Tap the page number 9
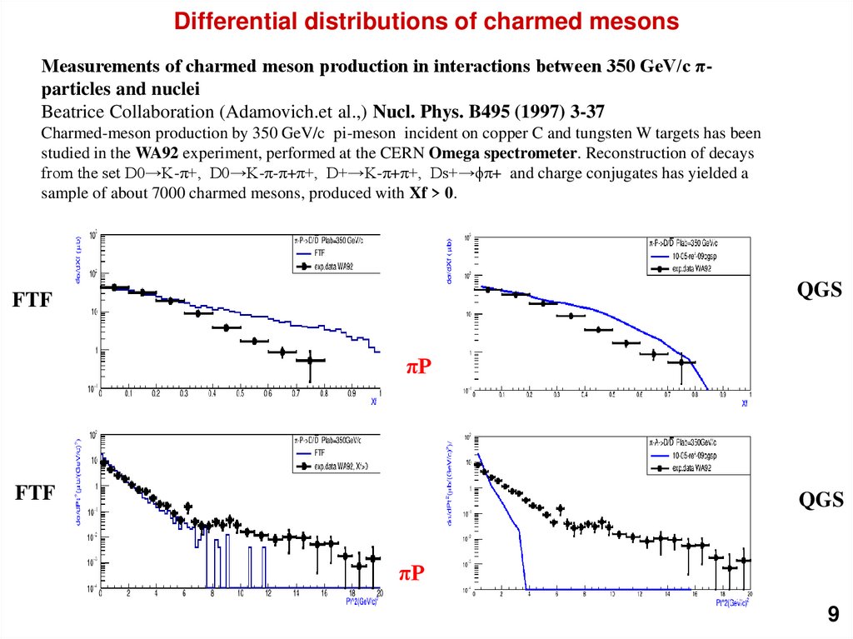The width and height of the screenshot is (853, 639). click(832, 616)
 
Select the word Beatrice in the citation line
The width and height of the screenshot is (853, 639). click(72, 111)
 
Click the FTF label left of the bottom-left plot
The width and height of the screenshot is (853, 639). click(35, 493)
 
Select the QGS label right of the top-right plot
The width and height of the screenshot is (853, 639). click(820, 289)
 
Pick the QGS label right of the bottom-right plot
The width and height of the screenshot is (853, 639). click(821, 499)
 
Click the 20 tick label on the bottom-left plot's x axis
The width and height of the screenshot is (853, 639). click(378, 593)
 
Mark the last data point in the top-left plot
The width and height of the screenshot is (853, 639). click(310, 360)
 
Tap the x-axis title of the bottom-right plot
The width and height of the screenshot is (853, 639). click(734, 601)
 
